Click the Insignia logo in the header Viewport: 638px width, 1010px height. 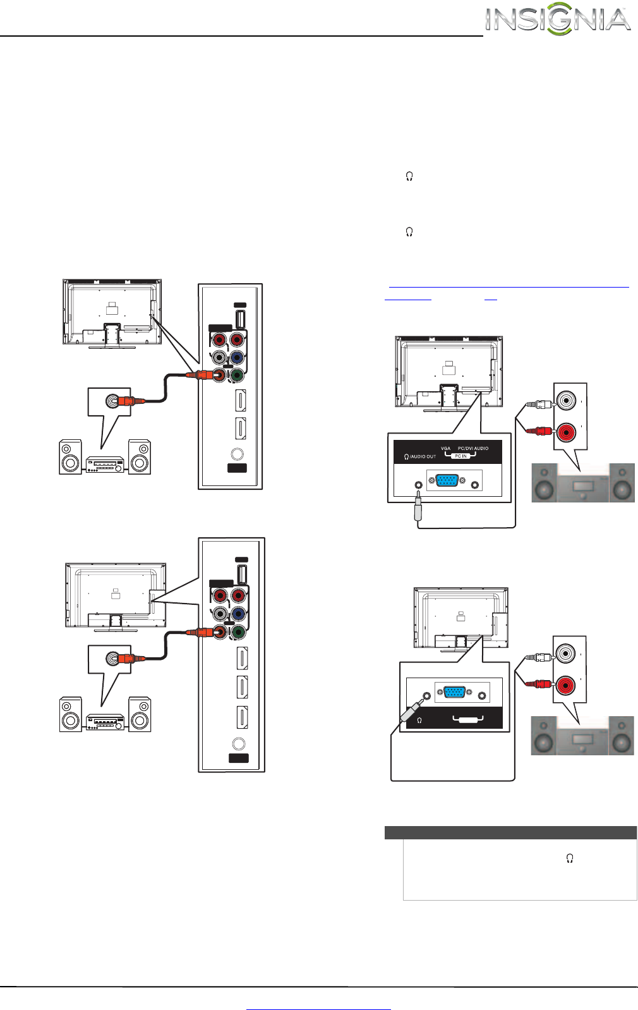point(558,20)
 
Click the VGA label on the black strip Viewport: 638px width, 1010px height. point(445,448)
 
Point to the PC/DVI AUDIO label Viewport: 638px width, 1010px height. point(473,448)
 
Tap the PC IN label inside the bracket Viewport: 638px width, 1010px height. point(460,456)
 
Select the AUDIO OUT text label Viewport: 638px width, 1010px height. point(423,456)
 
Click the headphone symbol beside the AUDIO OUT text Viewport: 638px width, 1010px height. point(406,456)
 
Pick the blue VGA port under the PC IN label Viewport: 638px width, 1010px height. point(447,482)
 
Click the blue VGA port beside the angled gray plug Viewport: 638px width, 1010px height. point(454,692)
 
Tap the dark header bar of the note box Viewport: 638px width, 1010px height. point(510,832)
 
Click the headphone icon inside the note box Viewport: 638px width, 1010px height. point(570,858)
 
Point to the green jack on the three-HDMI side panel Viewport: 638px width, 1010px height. point(238,631)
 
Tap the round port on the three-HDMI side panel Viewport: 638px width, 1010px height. point(238,745)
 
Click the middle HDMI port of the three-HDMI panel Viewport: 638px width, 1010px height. point(241,687)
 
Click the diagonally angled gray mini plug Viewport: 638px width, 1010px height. point(408,710)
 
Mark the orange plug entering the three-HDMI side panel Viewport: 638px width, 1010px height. point(207,632)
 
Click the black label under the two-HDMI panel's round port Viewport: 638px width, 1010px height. point(237,468)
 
